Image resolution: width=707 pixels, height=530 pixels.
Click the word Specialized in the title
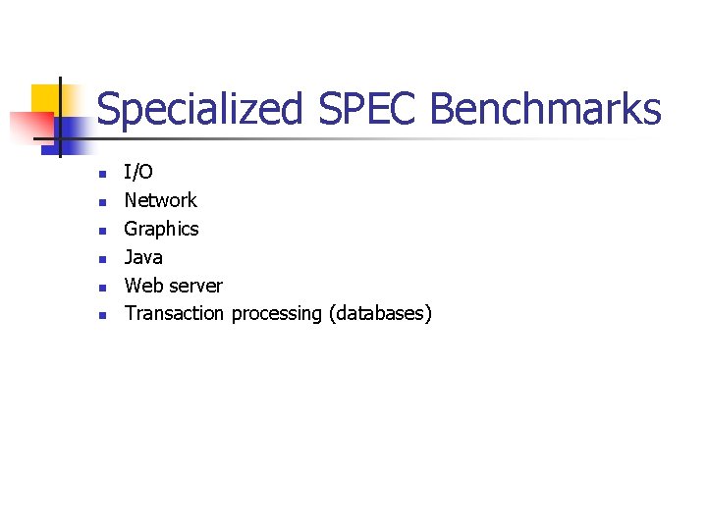click(x=201, y=110)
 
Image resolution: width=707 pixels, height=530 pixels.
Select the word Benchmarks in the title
click(x=546, y=108)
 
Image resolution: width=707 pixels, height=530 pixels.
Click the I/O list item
click(x=138, y=173)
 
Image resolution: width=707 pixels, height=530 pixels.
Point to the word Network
click(x=160, y=200)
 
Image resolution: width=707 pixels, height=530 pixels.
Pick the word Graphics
click(x=161, y=229)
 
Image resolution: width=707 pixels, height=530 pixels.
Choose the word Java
click(x=143, y=257)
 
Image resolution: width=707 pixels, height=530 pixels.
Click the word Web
click(x=143, y=286)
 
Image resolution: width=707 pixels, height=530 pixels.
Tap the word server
click(x=195, y=286)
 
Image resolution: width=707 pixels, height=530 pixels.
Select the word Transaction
click(x=174, y=314)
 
